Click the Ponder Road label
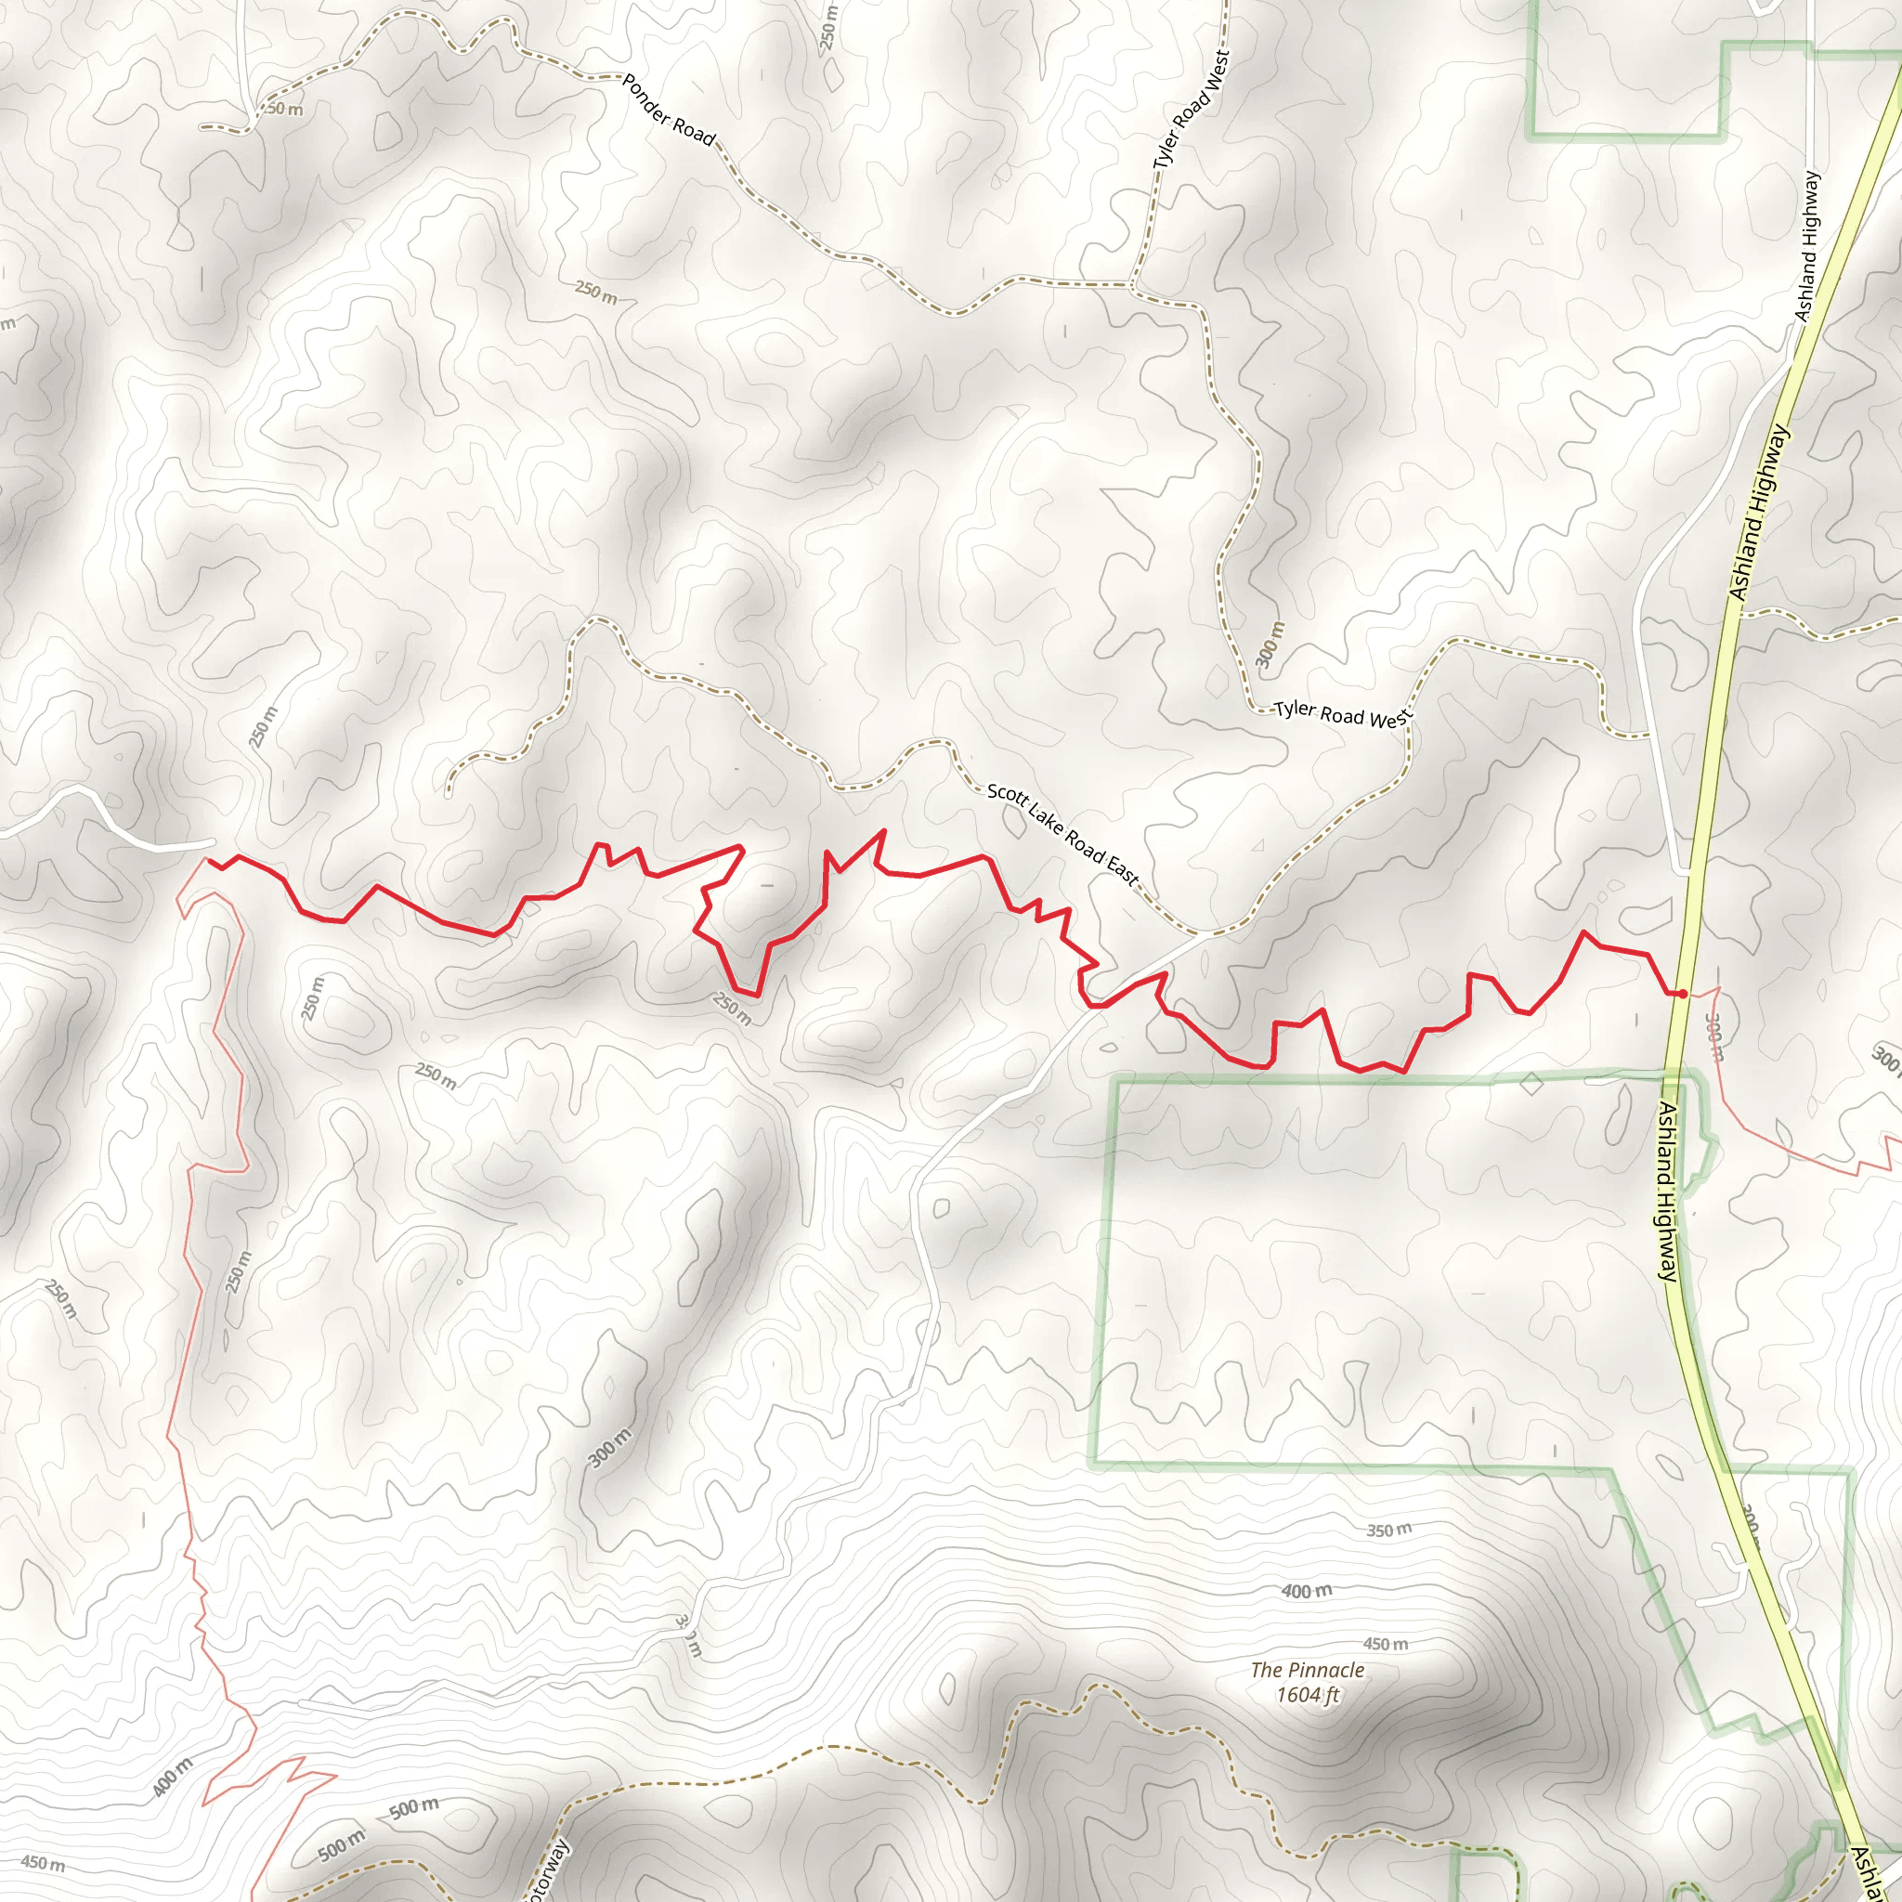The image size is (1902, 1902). tap(669, 110)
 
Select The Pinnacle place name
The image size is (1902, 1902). tap(1308, 1670)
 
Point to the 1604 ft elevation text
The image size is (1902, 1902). tap(1308, 1694)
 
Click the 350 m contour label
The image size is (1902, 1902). tap(1388, 1530)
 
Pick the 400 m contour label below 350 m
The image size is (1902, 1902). tap(1307, 1590)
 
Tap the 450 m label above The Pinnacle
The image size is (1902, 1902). tap(1385, 1644)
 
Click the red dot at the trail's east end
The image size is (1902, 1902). tap(1683, 994)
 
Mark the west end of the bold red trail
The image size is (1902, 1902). tap(208, 862)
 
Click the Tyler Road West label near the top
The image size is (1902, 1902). tap(1192, 110)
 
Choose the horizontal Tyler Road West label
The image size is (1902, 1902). tap(1343, 715)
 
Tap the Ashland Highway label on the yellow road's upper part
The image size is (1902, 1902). tap(1758, 512)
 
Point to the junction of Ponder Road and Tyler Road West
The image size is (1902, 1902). tap(1131, 286)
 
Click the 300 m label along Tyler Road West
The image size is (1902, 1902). tap(1271, 644)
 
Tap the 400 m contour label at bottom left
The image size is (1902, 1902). tap(174, 1777)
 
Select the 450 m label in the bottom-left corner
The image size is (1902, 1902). tap(43, 1863)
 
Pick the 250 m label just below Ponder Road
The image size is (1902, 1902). tap(595, 292)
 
